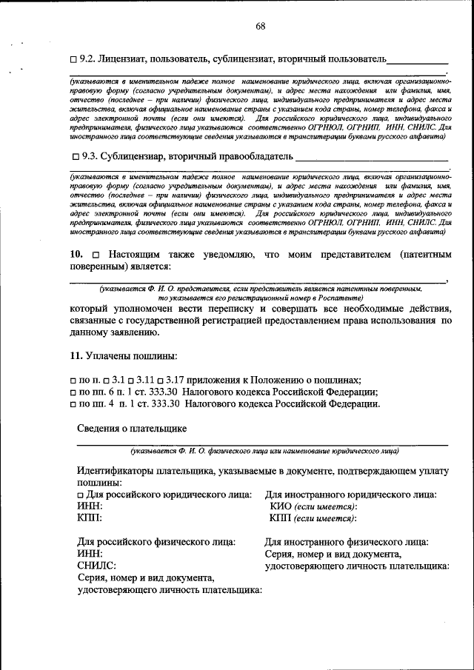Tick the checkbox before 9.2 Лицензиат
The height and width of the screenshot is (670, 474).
(x=73, y=58)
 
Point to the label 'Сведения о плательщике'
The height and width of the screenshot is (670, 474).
(x=132, y=428)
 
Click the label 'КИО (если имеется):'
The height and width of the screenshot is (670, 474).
(x=313, y=506)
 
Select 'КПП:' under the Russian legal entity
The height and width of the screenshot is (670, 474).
(x=90, y=518)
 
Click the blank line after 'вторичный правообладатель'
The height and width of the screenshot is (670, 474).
(x=371, y=158)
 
